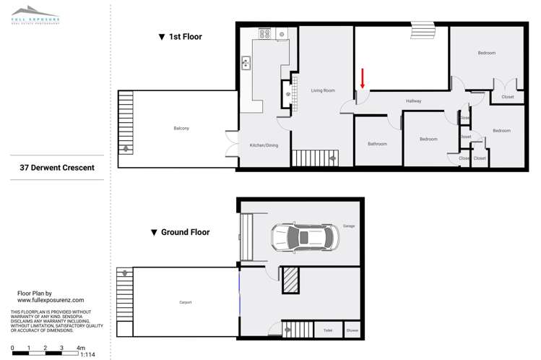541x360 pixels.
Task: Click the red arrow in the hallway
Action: point(363,77)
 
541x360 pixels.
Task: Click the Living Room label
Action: point(323,90)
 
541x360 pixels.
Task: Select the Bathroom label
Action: point(377,144)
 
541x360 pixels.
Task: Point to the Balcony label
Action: point(181,129)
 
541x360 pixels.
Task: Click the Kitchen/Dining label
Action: point(264,145)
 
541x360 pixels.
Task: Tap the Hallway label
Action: point(413,101)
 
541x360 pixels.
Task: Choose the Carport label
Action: point(186,302)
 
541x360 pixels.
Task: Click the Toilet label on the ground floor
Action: point(328,330)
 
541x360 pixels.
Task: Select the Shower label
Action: point(352,330)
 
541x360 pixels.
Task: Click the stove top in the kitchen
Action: point(264,33)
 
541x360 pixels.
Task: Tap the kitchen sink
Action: point(246,64)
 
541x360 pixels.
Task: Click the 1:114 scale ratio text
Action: point(87,355)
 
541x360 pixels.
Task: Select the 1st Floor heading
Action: point(180,36)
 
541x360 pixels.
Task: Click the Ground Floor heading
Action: point(180,233)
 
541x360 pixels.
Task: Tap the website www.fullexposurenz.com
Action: point(51,299)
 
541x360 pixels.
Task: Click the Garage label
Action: point(349,226)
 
